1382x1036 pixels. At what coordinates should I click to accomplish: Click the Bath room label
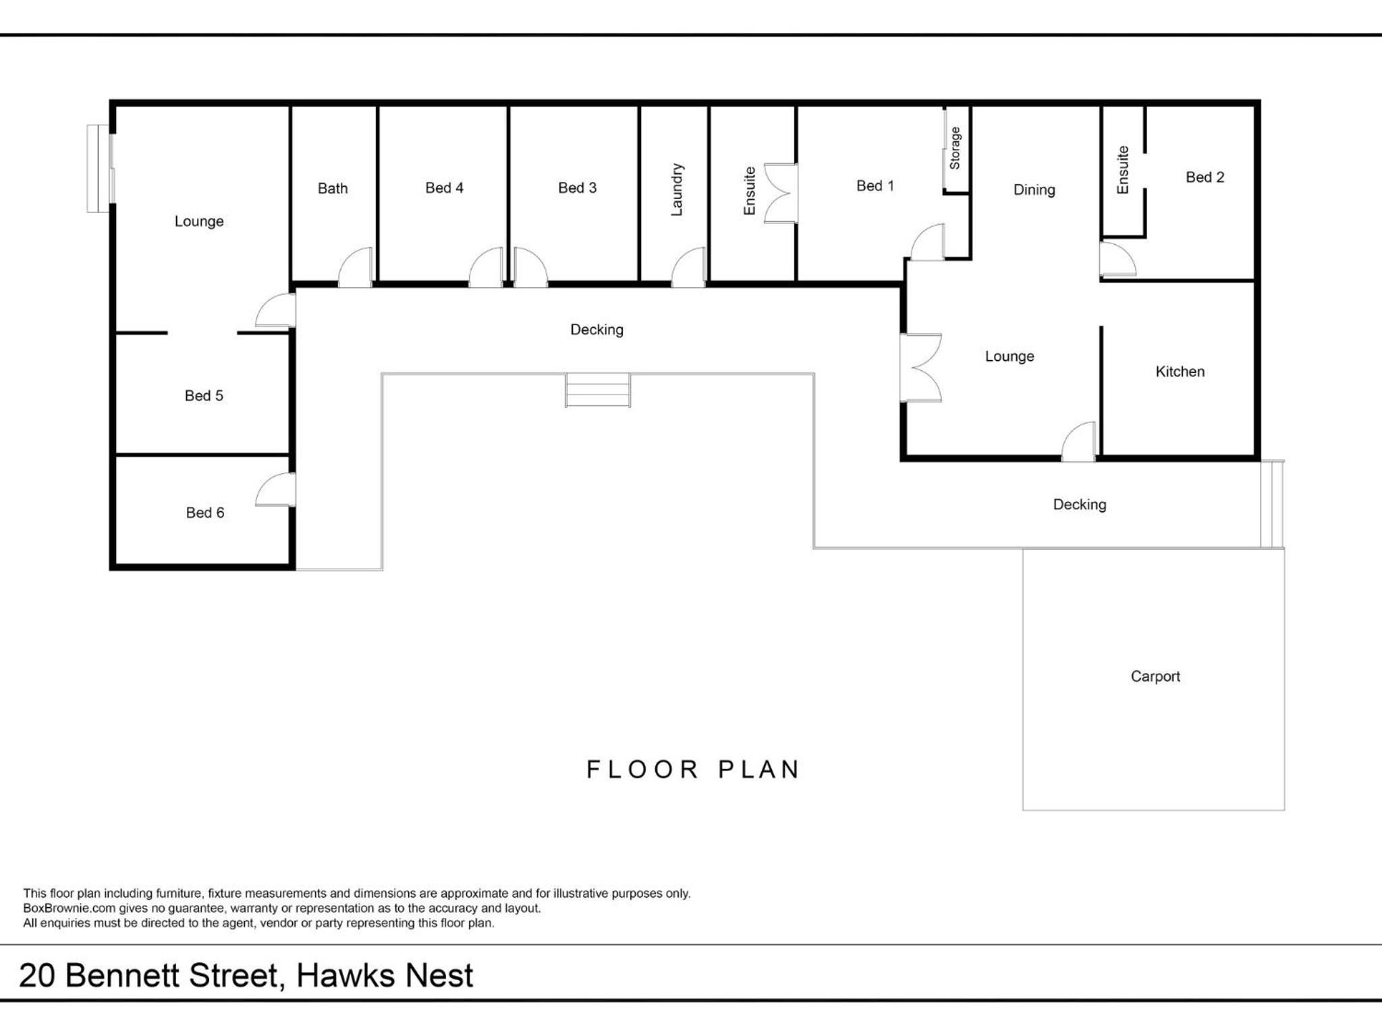click(x=333, y=188)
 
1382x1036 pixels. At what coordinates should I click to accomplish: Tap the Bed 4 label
click(x=444, y=188)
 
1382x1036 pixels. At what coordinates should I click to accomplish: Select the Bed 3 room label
click(x=577, y=188)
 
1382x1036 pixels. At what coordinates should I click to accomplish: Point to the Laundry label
click(x=677, y=190)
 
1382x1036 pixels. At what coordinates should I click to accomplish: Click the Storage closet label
click(x=955, y=148)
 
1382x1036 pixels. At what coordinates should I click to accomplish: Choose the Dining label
click(x=1034, y=190)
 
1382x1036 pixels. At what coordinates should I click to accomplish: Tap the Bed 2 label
click(x=1205, y=177)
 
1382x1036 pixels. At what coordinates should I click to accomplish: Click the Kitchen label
click(x=1180, y=371)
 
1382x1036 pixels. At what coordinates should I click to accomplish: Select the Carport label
click(x=1155, y=676)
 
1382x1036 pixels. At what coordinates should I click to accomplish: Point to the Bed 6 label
click(x=204, y=513)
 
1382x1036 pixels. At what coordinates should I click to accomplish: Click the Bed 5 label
click(x=204, y=395)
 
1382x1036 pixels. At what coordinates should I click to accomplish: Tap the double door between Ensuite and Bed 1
click(x=781, y=193)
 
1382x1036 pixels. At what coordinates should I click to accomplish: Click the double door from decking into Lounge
click(x=920, y=368)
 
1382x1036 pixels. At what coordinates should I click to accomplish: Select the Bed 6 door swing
click(x=275, y=490)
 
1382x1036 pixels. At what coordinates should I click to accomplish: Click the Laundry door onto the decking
click(x=688, y=268)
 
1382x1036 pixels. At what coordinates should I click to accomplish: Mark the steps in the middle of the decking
click(x=598, y=390)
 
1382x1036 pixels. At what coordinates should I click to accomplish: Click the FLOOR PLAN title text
click(x=693, y=770)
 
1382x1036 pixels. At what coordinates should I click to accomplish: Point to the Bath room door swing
click(x=355, y=268)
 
